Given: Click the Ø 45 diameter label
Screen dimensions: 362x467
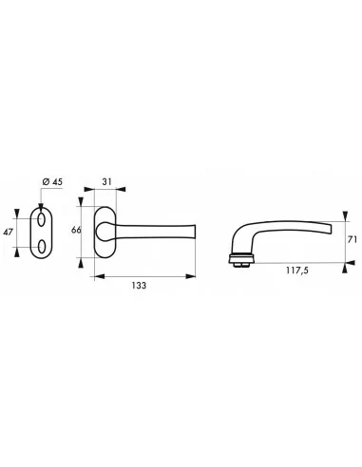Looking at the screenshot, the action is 52,182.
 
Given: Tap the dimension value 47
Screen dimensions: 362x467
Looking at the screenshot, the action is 8,232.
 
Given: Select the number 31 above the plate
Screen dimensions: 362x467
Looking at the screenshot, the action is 107,182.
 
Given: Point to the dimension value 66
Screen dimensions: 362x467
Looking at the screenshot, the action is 76,230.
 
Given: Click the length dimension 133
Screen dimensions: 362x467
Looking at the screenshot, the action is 139,286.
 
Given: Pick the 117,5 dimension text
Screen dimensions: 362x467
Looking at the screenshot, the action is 297,271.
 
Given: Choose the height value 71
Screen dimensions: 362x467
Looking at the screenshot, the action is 352,239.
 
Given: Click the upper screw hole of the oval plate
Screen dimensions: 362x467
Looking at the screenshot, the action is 41,219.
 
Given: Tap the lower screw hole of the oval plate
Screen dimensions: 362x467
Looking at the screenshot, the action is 41,247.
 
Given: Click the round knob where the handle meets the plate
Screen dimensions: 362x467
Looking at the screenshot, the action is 103,232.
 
